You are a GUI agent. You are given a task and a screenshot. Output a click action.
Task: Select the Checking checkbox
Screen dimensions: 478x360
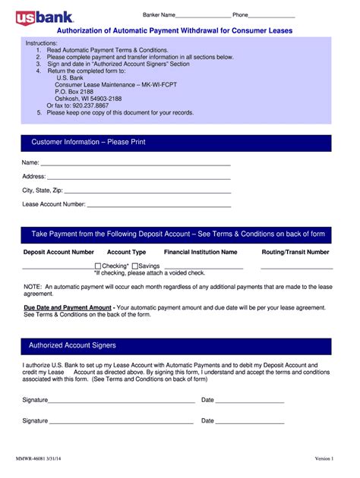click(x=97, y=266)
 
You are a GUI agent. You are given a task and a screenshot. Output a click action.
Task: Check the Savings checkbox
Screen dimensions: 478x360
click(x=135, y=266)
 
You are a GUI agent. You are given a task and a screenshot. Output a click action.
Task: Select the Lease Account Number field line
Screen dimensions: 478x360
click(x=159, y=206)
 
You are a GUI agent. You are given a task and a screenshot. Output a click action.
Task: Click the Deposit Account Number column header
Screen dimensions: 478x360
click(x=58, y=252)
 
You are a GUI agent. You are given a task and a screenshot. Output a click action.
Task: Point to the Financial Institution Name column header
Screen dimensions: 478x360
click(x=201, y=252)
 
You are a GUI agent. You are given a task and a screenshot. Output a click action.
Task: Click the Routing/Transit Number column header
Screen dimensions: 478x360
click(x=295, y=252)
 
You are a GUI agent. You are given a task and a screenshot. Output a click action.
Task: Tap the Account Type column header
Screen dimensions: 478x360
click(x=126, y=252)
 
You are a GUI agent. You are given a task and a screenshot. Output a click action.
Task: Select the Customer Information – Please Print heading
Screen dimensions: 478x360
click(x=88, y=143)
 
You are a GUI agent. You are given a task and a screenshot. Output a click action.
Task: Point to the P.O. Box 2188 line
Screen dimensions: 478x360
click(x=74, y=91)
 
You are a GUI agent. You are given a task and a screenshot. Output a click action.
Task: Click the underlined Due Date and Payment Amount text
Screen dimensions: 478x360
click(x=68, y=308)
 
